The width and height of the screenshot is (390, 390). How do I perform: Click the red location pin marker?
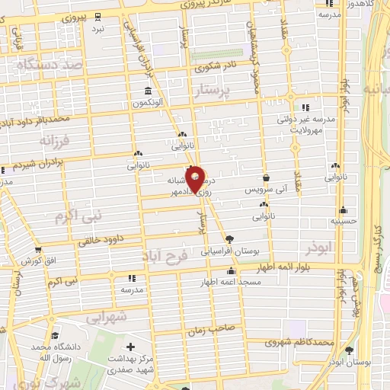(x=196, y=178)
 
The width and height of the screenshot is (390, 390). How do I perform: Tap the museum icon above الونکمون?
(x=147, y=92)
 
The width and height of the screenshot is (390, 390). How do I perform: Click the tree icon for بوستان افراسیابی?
(x=230, y=239)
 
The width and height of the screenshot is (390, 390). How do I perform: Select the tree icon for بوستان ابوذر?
(x=350, y=350)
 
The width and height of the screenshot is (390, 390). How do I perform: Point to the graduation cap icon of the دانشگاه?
(x=55, y=334)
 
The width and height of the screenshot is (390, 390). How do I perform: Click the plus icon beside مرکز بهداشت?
(x=130, y=347)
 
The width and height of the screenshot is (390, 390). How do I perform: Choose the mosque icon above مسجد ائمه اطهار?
(x=232, y=271)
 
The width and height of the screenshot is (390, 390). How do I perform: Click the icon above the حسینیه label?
(x=344, y=209)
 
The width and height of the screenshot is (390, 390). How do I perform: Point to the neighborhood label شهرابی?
(x=106, y=316)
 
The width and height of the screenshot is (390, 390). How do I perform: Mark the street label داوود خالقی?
(x=101, y=241)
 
